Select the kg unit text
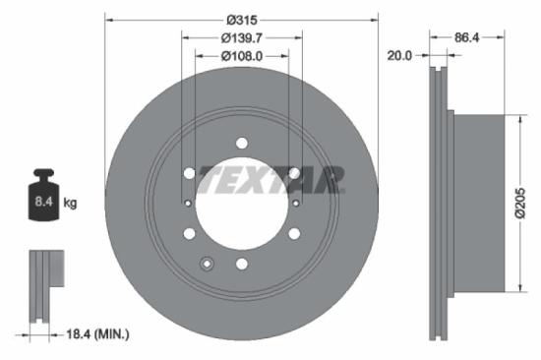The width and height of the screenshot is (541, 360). point(71,204)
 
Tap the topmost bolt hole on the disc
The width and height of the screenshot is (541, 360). point(242,144)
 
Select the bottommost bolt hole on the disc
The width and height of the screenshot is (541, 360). point(242,264)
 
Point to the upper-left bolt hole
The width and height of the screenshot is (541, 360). point(189,173)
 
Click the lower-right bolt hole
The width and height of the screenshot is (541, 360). point(294,234)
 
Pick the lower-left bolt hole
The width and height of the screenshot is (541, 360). point(189,234)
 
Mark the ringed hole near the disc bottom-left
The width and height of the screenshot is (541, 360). point(207,264)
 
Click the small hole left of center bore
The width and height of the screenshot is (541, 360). point(188,204)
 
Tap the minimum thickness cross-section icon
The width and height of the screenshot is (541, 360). point(44,285)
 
